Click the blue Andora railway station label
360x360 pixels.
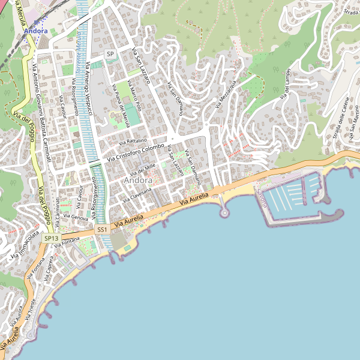[x=36, y=31]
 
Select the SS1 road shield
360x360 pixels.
[x=102, y=230]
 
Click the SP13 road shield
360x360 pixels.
[x=52, y=238]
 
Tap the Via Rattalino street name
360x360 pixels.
[x=133, y=141]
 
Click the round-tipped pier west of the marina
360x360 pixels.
[x=224, y=212]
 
